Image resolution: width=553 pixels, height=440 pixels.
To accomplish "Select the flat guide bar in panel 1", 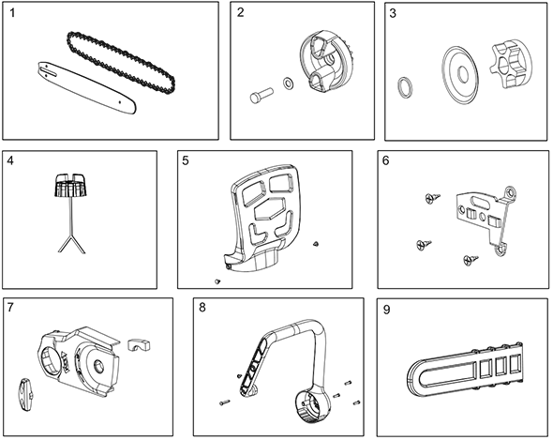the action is click(86, 88).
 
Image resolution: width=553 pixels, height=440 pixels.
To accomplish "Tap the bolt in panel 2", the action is click(262, 95).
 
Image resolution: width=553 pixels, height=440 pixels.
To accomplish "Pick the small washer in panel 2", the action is click(289, 83).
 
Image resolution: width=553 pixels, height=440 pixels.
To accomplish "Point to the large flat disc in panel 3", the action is click(460, 75).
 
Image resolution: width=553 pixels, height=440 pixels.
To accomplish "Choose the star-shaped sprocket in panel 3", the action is click(508, 66).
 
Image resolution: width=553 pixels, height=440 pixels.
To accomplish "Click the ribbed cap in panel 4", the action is click(70, 185).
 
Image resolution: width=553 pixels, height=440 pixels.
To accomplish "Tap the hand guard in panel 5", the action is click(262, 218).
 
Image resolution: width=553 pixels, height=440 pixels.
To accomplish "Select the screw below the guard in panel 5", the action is click(217, 281).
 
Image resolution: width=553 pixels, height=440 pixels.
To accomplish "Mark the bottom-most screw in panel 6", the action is click(471, 260).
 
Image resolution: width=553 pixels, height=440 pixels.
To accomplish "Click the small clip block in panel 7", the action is click(139, 345).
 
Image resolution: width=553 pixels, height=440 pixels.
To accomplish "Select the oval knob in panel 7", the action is click(25, 395).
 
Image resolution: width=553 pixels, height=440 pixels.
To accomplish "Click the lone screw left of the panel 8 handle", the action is click(224, 402).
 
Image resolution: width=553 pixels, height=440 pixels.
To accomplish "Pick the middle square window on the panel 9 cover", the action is click(501, 366).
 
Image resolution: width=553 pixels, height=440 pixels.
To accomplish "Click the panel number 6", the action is click(386, 160).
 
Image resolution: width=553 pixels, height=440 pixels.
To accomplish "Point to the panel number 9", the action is click(386, 310).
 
